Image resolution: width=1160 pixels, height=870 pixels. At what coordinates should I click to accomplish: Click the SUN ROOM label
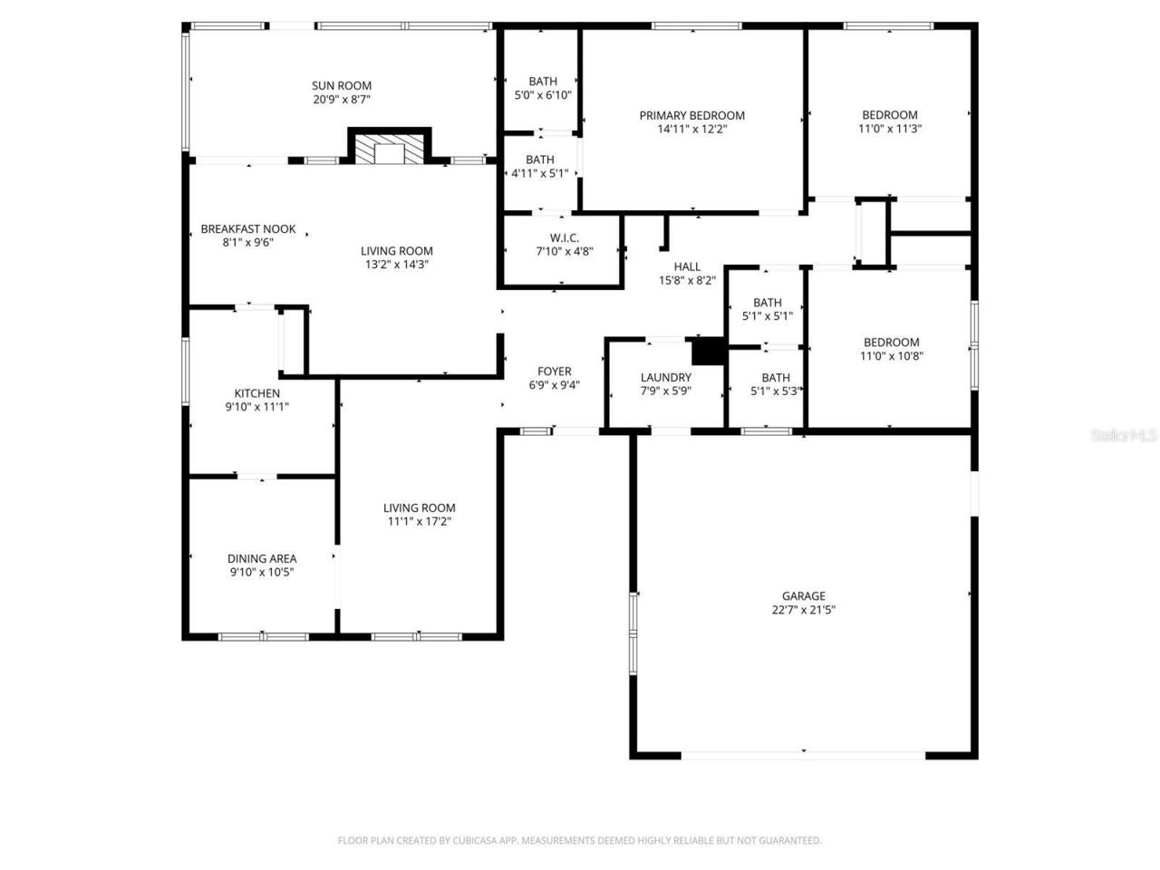(x=342, y=86)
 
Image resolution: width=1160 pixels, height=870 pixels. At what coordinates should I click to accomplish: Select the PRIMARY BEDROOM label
(x=691, y=115)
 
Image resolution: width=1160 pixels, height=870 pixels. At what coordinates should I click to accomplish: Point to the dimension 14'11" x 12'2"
(x=691, y=130)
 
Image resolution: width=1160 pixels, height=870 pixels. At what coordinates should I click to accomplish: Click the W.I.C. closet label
(x=563, y=237)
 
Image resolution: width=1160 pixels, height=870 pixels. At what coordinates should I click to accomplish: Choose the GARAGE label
(x=803, y=595)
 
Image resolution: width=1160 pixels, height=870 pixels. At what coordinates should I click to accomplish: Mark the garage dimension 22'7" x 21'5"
(x=803, y=610)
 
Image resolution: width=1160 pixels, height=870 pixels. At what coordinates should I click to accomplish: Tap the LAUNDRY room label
(x=665, y=377)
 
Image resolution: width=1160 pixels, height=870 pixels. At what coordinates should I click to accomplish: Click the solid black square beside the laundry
(x=709, y=351)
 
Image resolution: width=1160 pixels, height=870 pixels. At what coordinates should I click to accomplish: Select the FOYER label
(x=554, y=371)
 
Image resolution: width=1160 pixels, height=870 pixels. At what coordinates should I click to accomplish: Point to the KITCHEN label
(x=257, y=393)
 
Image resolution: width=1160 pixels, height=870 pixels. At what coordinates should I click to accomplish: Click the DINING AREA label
(x=262, y=558)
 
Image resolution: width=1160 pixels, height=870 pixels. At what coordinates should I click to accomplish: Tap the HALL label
(x=687, y=266)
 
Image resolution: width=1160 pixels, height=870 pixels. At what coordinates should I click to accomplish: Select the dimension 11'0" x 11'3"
(x=889, y=129)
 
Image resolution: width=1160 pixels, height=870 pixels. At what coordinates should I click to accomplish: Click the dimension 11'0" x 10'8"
(x=891, y=356)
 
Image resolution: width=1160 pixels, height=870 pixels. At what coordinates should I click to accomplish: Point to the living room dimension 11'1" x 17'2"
(x=419, y=522)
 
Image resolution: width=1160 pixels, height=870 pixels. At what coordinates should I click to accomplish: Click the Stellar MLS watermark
(x=1124, y=436)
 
